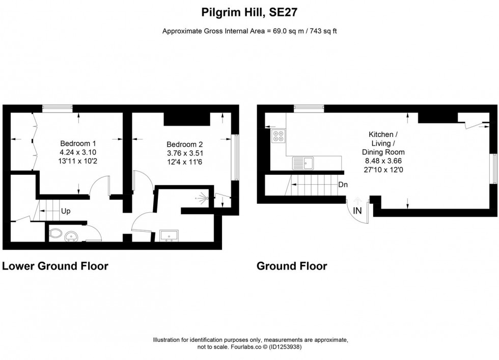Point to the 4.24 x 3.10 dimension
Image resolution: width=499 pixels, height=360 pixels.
(78, 152)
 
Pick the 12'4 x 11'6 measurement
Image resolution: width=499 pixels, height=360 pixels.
(184, 162)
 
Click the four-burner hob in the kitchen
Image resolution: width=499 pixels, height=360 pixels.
(279, 136)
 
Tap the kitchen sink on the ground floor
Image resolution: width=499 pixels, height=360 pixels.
(304, 163)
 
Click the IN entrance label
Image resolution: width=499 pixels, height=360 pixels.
(358, 210)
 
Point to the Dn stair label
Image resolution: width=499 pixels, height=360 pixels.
(343, 185)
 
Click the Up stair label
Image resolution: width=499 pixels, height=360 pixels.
(66, 210)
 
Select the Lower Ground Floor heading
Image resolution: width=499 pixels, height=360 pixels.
(56, 266)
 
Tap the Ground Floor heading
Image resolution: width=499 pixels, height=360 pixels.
(292, 266)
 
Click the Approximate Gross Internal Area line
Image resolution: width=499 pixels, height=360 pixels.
(249, 31)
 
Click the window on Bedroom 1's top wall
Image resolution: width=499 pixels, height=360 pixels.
(57, 107)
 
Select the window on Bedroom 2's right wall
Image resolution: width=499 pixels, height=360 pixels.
(235, 157)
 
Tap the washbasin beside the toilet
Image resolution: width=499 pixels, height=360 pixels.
(73, 235)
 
